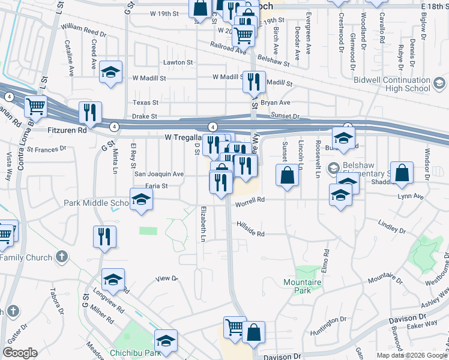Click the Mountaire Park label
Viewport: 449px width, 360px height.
[298, 286]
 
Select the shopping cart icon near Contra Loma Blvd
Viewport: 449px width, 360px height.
[36, 107]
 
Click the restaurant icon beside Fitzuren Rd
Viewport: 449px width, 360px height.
[90, 112]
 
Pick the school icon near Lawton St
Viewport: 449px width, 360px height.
[110, 72]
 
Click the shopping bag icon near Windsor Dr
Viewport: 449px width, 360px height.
[402, 172]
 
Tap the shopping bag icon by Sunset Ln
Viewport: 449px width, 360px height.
[288, 176]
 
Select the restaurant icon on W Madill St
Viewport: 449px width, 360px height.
[254, 81]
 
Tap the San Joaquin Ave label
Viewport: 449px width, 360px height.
[158, 174]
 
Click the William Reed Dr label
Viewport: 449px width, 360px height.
[83, 28]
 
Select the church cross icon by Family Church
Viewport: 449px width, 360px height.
[60, 257]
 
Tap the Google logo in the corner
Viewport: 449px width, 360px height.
[20, 353]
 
